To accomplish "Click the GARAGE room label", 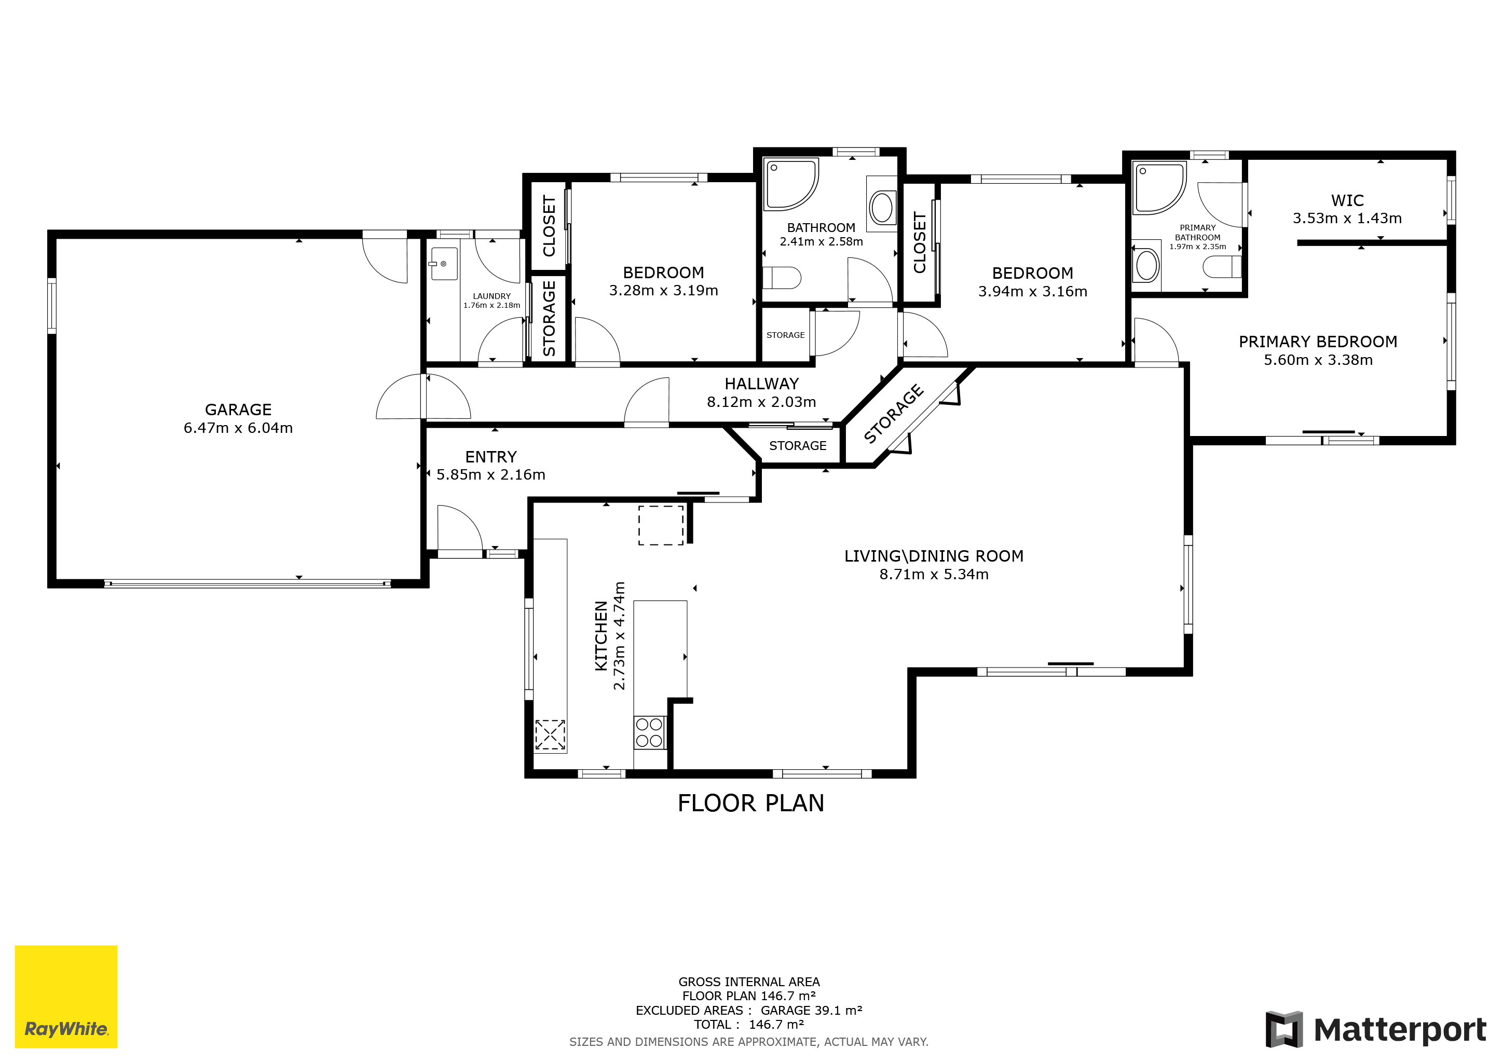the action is (238, 410).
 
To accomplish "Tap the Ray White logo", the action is (66, 996).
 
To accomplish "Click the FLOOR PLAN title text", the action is (751, 803).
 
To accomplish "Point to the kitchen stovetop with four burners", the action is (649, 732).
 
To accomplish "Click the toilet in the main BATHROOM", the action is (782, 278).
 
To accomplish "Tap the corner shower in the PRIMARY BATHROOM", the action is (1159, 188).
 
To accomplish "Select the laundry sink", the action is (444, 264).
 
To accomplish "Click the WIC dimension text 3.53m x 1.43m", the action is (1347, 219).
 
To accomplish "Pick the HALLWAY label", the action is (761, 384).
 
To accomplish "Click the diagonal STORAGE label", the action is (894, 414).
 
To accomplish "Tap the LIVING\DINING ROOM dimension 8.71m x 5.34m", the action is (934, 574).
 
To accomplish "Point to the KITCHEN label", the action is (601, 636).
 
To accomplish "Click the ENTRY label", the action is (491, 457).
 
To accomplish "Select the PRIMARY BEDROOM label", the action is (1318, 342).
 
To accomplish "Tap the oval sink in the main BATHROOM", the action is (882, 208).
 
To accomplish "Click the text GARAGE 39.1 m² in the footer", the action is (811, 1010).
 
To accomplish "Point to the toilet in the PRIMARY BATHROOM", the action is (1222, 267).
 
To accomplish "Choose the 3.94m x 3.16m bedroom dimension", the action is (1032, 291).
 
